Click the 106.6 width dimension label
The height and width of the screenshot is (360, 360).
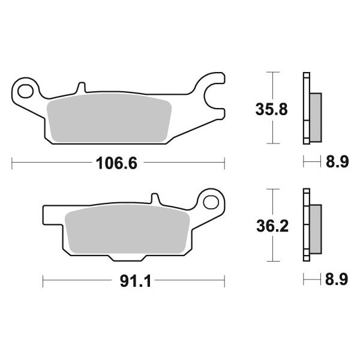116,163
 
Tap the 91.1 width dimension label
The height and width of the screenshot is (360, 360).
136,281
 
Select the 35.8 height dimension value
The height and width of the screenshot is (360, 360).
271,109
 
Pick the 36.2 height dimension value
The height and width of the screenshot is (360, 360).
272,226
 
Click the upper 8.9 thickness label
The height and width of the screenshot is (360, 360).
337,161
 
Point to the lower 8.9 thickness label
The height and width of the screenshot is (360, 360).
337,280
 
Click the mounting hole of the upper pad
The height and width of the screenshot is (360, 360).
25,91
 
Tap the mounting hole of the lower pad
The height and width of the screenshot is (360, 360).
211,202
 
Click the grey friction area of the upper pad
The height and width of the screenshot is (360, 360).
109,118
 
